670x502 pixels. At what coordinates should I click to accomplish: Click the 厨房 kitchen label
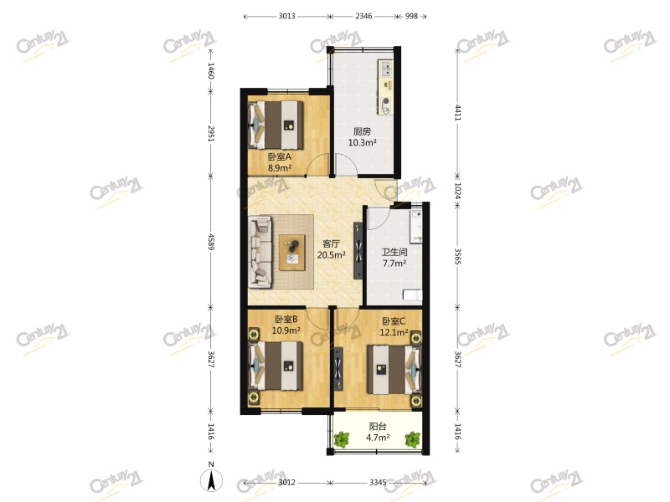click(362, 131)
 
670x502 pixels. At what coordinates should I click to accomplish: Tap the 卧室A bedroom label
click(279, 156)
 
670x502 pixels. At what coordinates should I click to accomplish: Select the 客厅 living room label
click(332, 244)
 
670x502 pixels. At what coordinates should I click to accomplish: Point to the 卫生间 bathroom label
click(394, 252)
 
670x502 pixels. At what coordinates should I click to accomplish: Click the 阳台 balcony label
click(378, 426)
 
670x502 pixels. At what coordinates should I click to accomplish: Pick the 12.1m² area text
click(394, 332)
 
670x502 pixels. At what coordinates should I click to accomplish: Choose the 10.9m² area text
click(286, 330)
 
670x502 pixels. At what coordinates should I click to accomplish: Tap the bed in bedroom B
click(277, 365)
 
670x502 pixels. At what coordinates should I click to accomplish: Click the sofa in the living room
click(260, 252)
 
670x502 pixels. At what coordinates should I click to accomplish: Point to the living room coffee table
click(293, 249)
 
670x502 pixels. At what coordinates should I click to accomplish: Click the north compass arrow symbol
click(212, 480)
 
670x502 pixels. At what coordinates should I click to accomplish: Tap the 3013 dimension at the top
click(286, 16)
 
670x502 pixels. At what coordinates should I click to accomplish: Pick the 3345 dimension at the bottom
click(378, 483)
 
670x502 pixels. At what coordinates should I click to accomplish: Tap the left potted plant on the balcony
click(342, 438)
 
